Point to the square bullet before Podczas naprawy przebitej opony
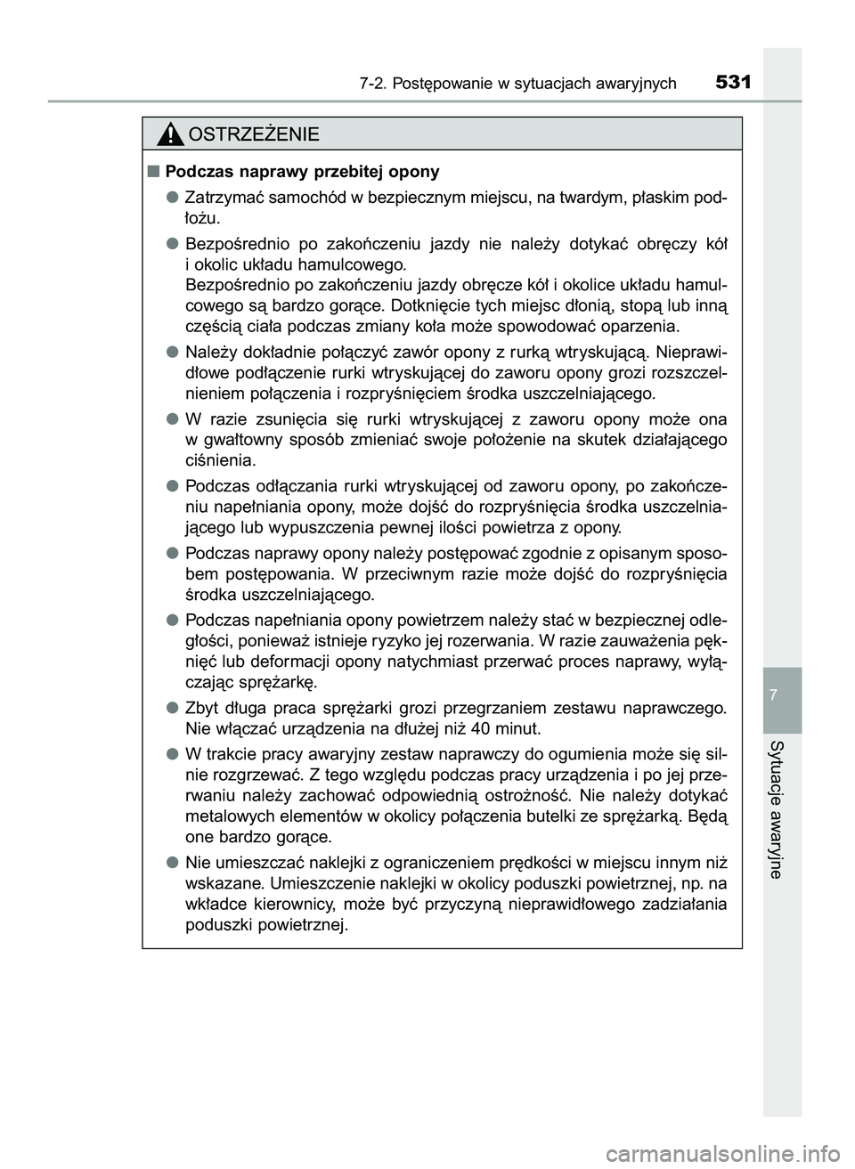(153, 170)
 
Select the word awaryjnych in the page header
(633, 85)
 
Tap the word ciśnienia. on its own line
(219, 460)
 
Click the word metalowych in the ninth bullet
(226, 816)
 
